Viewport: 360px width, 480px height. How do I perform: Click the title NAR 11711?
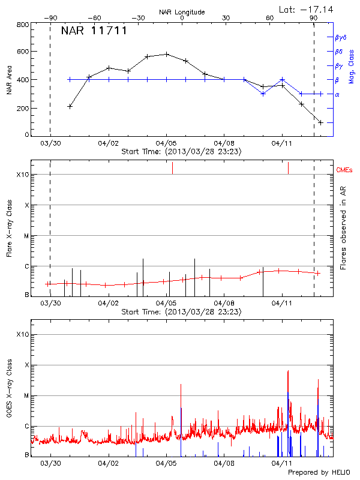(94, 31)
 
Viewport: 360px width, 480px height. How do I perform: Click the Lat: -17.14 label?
(307, 9)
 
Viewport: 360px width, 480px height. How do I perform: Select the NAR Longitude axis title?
(182, 12)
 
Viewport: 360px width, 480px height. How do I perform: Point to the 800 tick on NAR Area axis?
(23, 25)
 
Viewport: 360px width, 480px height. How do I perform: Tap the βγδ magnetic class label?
(341, 37)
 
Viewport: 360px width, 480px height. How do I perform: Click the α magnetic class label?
(337, 94)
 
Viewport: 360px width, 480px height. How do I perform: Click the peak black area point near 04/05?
(167, 54)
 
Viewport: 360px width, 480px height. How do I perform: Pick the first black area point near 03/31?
(70, 106)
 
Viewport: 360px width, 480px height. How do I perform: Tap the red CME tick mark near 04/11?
(289, 167)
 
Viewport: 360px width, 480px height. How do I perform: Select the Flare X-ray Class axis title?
(9, 227)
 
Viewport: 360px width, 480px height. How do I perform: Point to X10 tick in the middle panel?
(22, 175)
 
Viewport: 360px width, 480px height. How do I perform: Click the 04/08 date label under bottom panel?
(224, 463)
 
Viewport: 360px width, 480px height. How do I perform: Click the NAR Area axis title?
(9, 79)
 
